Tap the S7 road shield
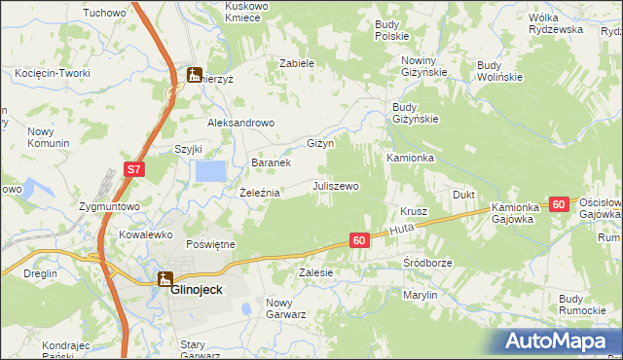[134, 171]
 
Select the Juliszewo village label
[336, 185]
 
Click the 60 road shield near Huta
[359, 240]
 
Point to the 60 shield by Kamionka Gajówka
[558, 204]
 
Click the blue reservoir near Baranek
[210, 171]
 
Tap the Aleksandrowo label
[241, 124]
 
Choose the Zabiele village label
[297, 62]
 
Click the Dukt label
[463, 195]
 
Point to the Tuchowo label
[106, 13]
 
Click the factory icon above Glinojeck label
[166, 277]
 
